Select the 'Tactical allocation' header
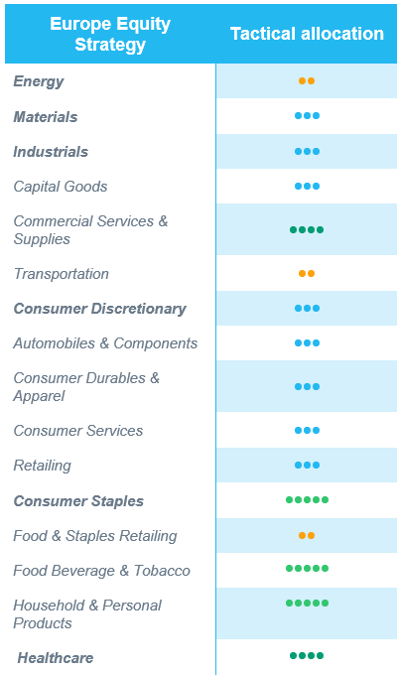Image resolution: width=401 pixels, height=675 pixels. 307,34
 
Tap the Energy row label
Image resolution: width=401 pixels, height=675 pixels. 39,81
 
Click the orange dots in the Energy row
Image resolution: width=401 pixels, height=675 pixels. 307,81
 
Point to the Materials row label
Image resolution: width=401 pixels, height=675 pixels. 46,117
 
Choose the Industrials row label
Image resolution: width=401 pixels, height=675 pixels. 51,152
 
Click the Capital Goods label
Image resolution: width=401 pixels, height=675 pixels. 61,187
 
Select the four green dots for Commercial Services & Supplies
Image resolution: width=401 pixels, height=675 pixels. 307,230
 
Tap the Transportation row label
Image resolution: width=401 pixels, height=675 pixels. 62,274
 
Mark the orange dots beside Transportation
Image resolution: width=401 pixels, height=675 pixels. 307,273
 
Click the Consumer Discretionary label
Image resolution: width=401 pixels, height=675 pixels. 99,309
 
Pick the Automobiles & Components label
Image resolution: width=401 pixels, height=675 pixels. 105,343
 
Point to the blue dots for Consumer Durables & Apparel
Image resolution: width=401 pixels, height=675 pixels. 307,387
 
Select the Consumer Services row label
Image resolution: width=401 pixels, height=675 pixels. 78,431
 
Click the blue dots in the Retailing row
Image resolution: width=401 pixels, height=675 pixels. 307,466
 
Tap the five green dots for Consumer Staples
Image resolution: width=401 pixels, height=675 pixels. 307,500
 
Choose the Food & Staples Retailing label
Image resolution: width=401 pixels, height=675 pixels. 95,536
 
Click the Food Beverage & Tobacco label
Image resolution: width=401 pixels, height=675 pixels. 101,571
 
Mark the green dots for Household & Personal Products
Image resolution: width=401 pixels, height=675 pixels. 307,604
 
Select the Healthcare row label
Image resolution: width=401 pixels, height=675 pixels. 56,658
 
